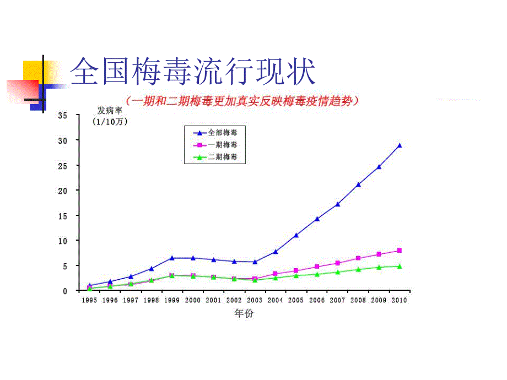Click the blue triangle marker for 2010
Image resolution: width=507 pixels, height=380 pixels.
point(400,146)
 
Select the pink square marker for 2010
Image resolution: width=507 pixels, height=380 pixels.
point(400,251)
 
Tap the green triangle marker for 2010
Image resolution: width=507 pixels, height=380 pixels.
point(400,266)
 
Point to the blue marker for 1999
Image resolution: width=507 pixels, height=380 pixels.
point(172,258)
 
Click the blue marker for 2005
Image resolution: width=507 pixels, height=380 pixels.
point(296,235)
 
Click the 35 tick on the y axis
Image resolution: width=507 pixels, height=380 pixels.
point(62,115)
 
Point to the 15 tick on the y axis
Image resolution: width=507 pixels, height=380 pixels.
point(62,215)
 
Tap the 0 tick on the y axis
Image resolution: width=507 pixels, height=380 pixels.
point(64,291)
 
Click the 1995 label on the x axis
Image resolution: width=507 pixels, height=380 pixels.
point(89,300)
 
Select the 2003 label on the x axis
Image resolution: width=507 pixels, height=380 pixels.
point(255,300)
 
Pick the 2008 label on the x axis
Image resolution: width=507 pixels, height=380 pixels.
point(358,300)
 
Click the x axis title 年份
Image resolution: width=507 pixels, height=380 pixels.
point(244,313)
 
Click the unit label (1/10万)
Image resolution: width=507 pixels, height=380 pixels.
point(110,122)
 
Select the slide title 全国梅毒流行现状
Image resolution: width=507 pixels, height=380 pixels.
point(193,72)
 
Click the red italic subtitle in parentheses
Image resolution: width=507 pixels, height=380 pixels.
point(242,101)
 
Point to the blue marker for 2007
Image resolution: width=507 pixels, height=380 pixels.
point(337,204)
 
